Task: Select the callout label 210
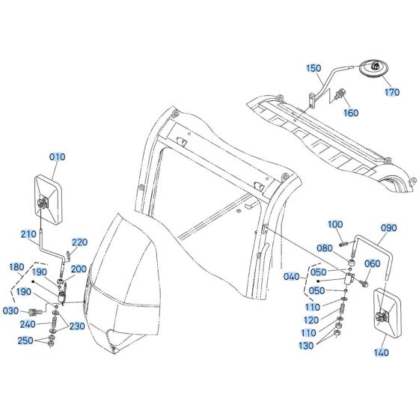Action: coord(28,234)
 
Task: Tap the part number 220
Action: coord(79,242)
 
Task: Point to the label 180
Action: coord(16,266)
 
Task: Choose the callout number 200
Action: coord(79,269)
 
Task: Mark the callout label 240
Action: coord(28,324)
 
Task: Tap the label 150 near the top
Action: coord(314,68)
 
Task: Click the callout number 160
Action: coord(350,113)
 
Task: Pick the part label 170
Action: coord(392,94)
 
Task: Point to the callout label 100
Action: coord(335,224)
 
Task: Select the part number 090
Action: coord(388,227)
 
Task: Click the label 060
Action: coord(372,263)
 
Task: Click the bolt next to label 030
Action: coord(34,311)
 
